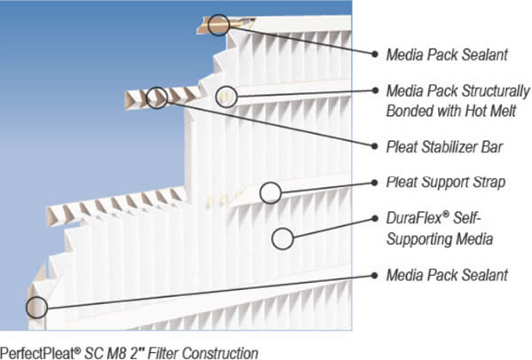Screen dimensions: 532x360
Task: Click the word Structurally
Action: coord(496,91)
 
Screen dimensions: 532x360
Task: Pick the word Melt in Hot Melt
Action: coord(503,111)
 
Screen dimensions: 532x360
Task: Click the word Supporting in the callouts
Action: coord(419,239)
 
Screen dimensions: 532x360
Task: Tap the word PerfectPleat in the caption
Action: coord(39,353)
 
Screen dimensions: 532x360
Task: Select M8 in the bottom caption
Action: coord(118,353)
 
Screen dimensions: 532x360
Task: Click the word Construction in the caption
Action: coord(220,353)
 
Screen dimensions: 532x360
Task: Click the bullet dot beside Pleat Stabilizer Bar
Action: coord(374,146)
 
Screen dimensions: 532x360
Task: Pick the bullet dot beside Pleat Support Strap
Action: coord(374,183)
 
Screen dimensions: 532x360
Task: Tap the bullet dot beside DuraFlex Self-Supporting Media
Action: coord(374,218)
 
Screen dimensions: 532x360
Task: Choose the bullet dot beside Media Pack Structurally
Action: coord(375,90)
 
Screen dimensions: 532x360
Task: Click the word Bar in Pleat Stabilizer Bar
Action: coord(492,147)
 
